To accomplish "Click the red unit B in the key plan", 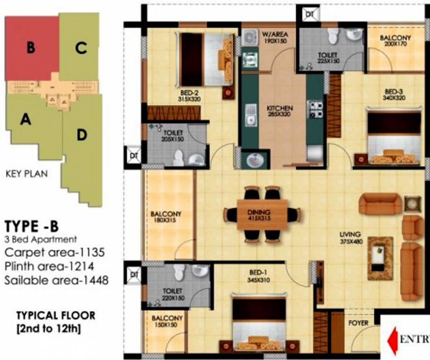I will (31, 48).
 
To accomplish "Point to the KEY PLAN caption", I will (27, 174).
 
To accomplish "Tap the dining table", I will (261, 215).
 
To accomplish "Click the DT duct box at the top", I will (309, 15).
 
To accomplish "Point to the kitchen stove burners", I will (315, 109).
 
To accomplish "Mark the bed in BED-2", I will (207, 59).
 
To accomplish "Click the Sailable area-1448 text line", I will (57, 280).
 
